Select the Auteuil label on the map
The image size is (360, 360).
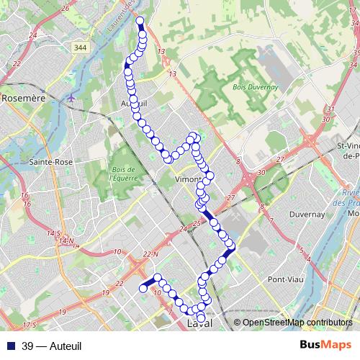(x=135, y=104)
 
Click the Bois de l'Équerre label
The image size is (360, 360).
(x=124, y=174)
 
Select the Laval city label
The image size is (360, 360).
(x=202, y=326)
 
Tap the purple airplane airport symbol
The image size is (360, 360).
(x=71, y=98)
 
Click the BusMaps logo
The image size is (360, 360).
(x=326, y=346)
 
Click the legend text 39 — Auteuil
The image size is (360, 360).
(x=52, y=346)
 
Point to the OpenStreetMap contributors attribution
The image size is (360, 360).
(x=297, y=323)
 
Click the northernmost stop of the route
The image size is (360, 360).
(x=140, y=21)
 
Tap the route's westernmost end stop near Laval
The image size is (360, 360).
(x=143, y=289)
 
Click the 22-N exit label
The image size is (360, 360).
(x=150, y=254)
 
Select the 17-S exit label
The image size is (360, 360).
(x=29, y=325)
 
